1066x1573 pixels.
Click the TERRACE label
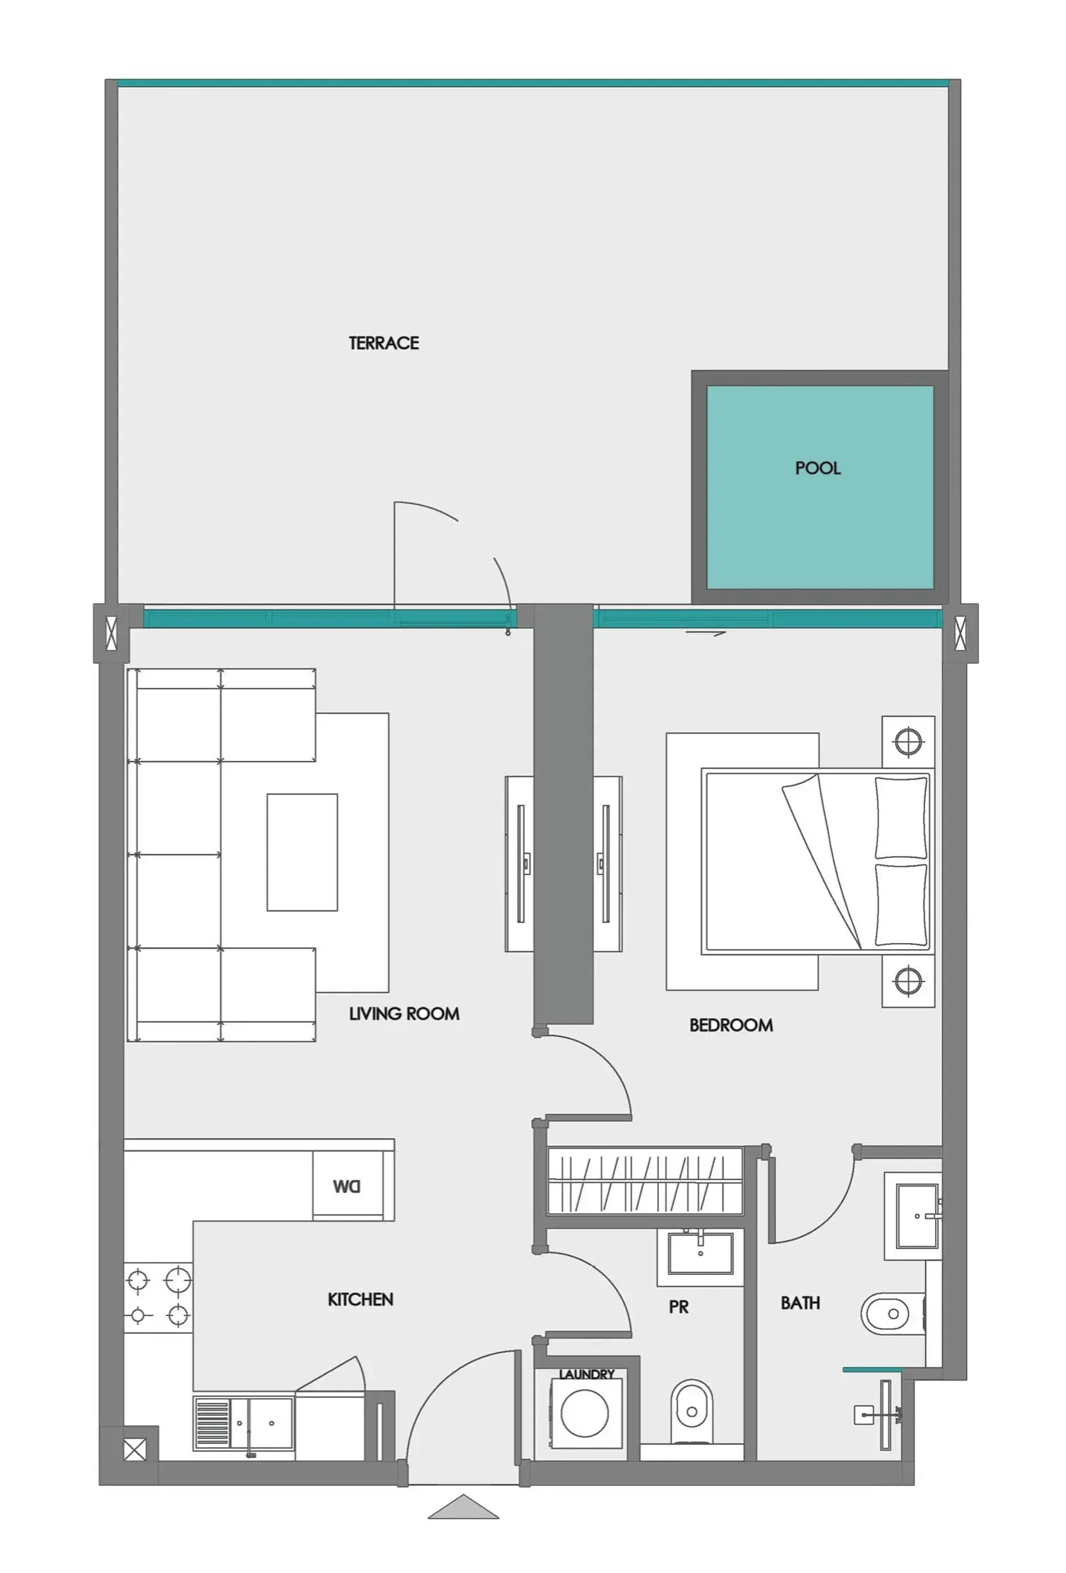[x=383, y=343]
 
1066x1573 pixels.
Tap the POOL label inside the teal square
[x=818, y=468]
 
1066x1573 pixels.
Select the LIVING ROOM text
[x=404, y=1014]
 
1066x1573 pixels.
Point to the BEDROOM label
[x=731, y=1025]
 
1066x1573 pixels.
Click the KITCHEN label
[x=360, y=1299]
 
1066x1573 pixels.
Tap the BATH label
[x=800, y=1303]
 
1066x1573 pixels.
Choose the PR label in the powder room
[x=678, y=1307]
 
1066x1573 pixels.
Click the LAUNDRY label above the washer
[x=586, y=1374]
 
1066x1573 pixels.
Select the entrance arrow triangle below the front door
[x=464, y=1507]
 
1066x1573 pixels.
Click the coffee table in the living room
[x=302, y=852]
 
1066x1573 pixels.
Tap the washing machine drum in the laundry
[x=584, y=1413]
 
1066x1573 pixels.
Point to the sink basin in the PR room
[x=700, y=1252]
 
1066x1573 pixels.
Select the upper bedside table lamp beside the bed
[x=908, y=743]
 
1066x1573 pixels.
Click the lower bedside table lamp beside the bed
[x=908, y=981]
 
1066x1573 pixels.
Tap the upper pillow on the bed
[x=901, y=818]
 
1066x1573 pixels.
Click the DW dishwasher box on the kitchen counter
[x=347, y=1186]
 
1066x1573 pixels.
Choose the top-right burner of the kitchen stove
[x=178, y=1280]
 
